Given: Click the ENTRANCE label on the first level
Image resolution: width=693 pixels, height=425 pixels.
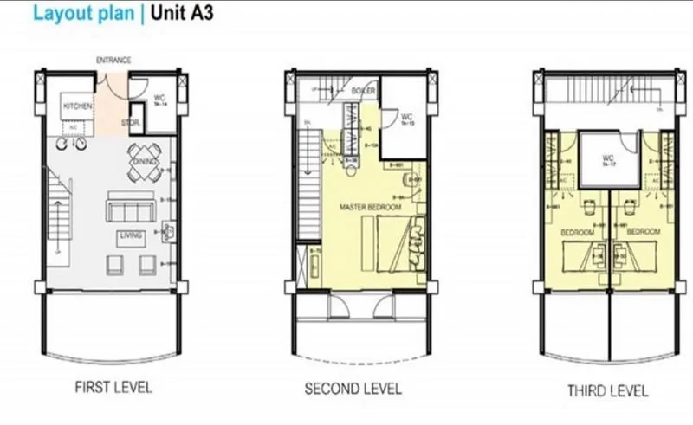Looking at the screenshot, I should tap(113, 60).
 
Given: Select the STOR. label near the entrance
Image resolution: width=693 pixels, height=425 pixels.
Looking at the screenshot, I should tap(131, 123).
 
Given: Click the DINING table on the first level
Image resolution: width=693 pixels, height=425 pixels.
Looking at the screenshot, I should tap(143, 162).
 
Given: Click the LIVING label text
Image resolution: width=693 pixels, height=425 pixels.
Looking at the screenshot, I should tap(132, 234).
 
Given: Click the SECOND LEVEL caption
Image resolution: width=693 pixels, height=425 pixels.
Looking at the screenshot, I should tap(355, 389).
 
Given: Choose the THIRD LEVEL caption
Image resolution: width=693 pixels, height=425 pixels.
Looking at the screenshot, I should tap(607, 390).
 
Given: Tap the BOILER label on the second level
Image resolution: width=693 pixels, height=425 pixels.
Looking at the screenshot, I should tap(365, 91).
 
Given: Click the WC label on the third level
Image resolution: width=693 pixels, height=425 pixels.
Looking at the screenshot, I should tap(608, 158).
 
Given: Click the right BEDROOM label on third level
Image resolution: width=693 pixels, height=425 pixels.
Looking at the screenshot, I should tap(643, 232).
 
